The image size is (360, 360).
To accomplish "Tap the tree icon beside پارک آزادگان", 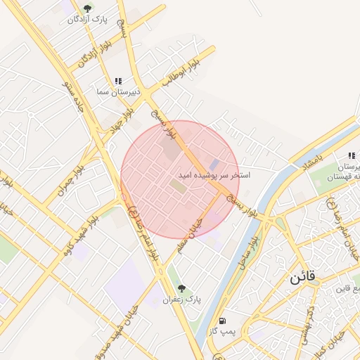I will click(x=87, y=8).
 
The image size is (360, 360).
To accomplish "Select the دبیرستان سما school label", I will click(x=119, y=92).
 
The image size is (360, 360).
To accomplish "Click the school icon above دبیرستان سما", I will click(x=118, y=82).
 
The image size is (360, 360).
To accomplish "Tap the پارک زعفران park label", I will click(x=181, y=300).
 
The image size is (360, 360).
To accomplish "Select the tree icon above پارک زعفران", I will click(x=181, y=288).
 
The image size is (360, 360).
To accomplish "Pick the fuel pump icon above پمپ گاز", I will click(x=223, y=320).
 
